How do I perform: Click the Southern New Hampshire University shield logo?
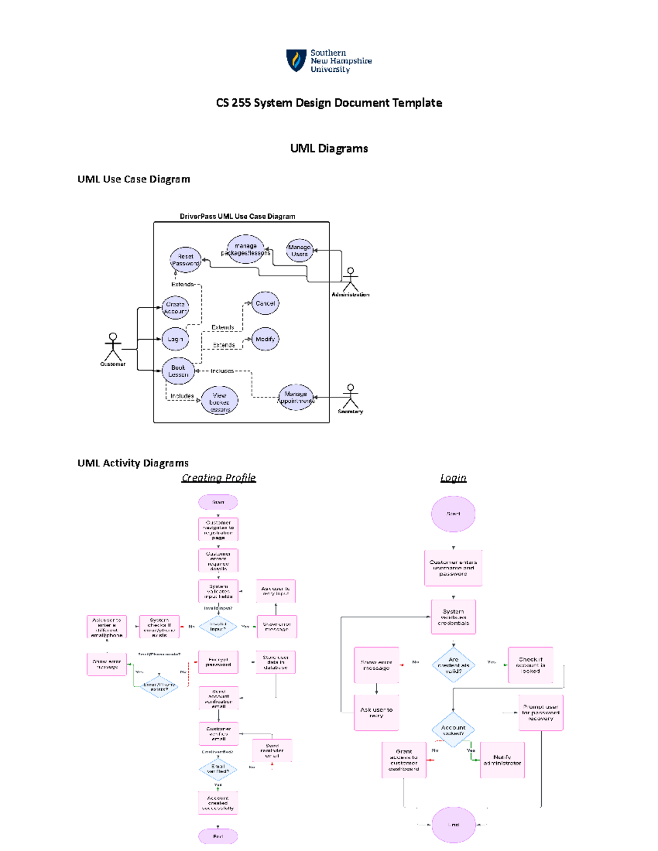pyautogui.click(x=296, y=60)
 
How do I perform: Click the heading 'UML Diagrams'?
pyautogui.click(x=328, y=149)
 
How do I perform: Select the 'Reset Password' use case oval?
pyautogui.click(x=185, y=260)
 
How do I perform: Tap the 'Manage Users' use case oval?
pyautogui.click(x=299, y=250)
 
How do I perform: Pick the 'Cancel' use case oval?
pyautogui.click(x=265, y=303)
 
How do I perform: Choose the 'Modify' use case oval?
pyautogui.click(x=265, y=339)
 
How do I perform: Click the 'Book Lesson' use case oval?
pyautogui.click(x=178, y=371)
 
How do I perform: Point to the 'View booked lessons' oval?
pyautogui.click(x=219, y=402)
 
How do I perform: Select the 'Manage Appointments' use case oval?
pyautogui.click(x=296, y=397)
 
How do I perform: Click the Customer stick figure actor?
pyautogui.click(x=113, y=347)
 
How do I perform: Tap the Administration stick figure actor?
pyautogui.click(x=350, y=279)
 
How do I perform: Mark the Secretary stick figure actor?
pyautogui.click(x=350, y=396)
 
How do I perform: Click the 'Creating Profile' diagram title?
pyautogui.click(x=218, y=478)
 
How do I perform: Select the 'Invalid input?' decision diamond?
pyautogui.click(x=218, y=626)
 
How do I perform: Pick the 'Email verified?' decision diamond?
pyautogui.click(x=218, y=769)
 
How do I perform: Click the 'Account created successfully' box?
pyautogui.click(x=218, y=803)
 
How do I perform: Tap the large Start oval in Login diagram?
pyautogui.click(x=453, y=514)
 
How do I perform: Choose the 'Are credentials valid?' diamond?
pyautogui.click(x=453, y=665)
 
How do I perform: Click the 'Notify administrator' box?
pyautogui.click(x=502, y=760)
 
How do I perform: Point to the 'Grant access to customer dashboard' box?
pyautogui.click(x=404, y=760)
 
